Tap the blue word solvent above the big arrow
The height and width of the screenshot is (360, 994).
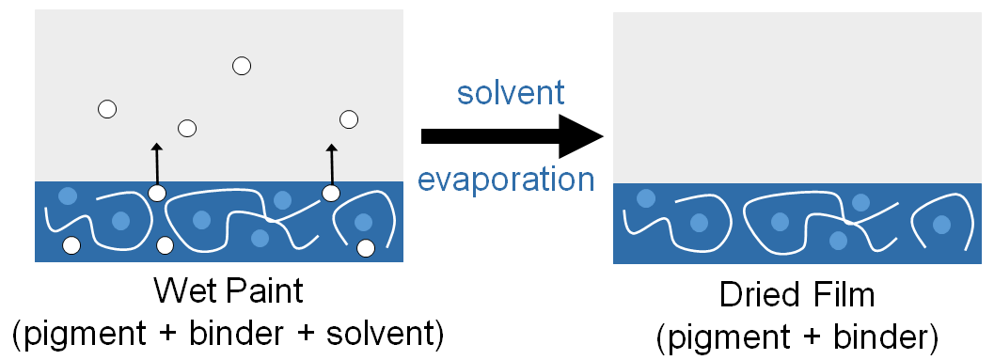point(510,92)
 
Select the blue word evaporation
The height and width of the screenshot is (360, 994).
point(506,180)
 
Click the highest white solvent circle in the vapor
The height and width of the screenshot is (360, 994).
point(242,66)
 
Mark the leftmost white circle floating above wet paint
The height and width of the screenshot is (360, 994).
point(107,109)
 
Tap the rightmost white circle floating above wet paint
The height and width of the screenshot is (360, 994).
point(349,119)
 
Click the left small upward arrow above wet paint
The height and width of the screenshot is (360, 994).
point(157,164)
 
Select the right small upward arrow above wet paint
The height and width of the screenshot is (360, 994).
point(331,164)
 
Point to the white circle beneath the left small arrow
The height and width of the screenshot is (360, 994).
point(157,194)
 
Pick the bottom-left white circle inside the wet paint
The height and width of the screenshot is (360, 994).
point(71,246)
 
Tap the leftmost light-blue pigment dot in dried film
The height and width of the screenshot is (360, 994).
point(645,198)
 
